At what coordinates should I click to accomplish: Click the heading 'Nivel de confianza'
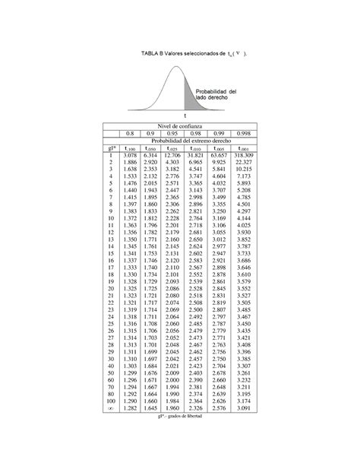[x=179, y=125]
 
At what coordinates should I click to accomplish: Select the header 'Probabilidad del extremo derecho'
[x=191, y=140]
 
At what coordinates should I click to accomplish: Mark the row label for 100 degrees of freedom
[x=110, y=401]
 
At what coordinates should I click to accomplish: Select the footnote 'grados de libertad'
[x=185, y=417]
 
